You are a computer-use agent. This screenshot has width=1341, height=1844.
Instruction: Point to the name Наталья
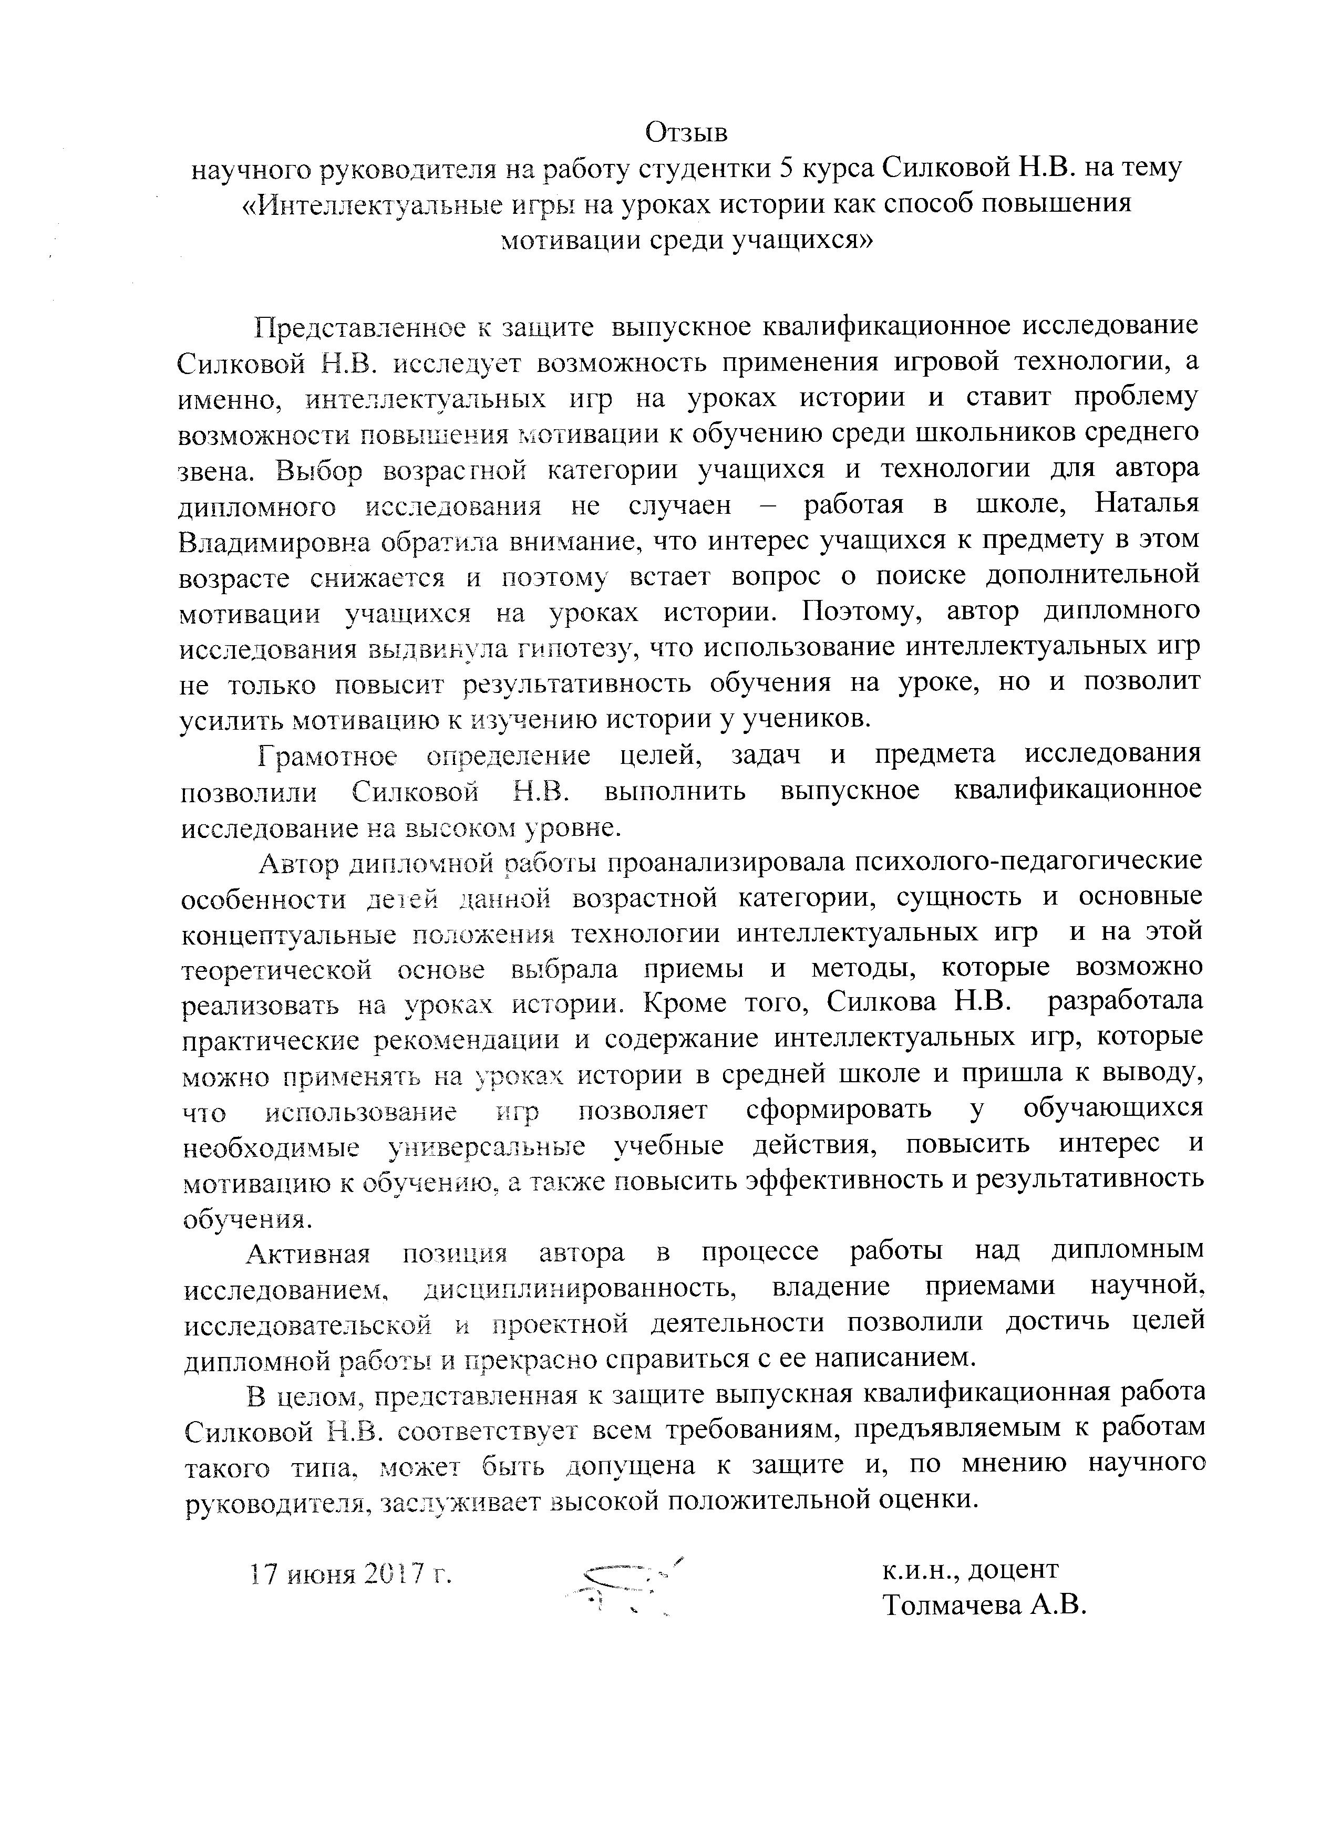pos(1147,505)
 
